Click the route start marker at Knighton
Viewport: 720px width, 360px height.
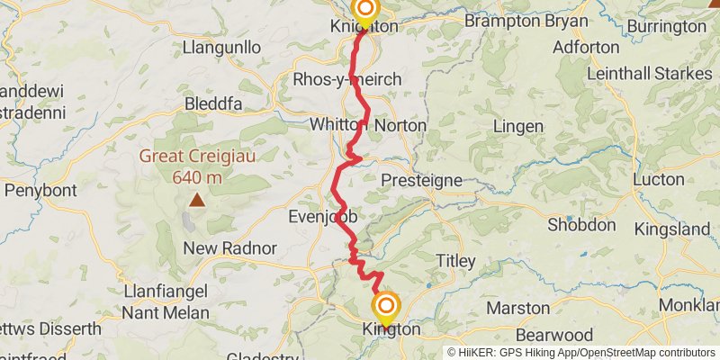365,11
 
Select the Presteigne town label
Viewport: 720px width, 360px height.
421,180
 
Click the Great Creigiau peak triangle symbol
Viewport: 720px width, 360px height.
195,201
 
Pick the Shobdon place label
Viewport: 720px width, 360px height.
580,224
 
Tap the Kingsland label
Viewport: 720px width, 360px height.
671,229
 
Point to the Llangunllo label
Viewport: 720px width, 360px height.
221,46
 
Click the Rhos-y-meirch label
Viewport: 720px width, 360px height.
347,80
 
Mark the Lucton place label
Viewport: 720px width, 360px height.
659,179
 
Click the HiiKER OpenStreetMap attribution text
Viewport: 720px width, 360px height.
581,352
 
